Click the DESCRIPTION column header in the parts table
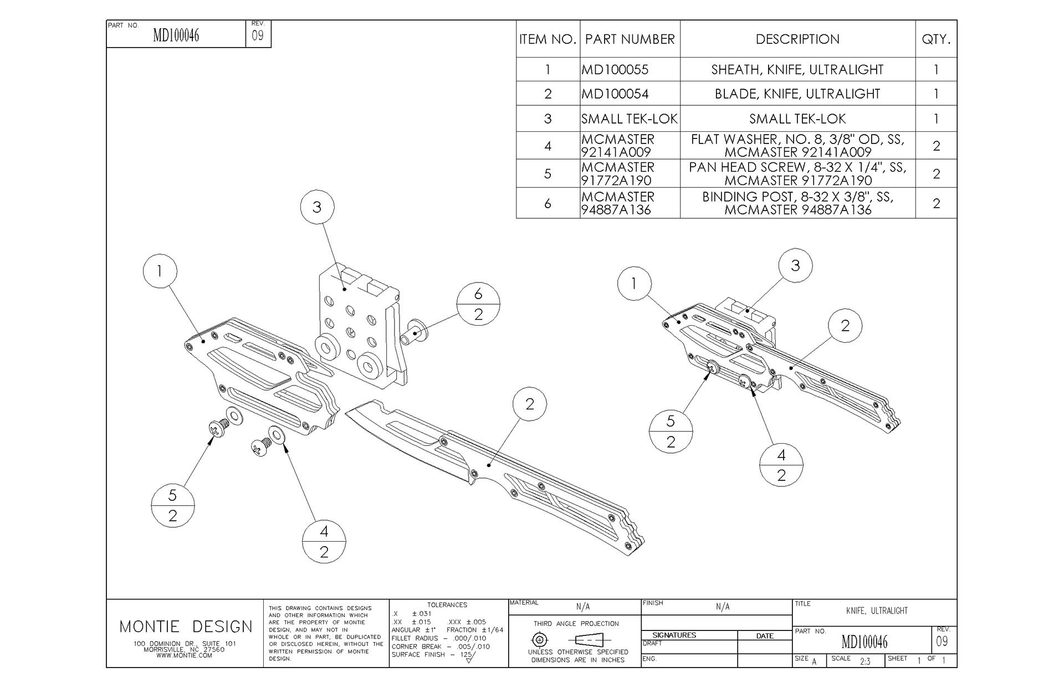(x=797, y=39)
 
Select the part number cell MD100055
(x=615, y=70)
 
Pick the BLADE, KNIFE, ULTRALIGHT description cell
(x=797, y=94)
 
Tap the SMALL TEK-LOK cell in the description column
(x=797, y=119)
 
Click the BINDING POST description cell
(x=797, y=203)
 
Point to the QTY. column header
(x=936, y=39)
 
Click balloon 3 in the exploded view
(x=317, y=207)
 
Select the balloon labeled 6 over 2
(x=478, y=304)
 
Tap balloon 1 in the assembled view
(x=634, y=284)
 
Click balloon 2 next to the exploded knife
(x=530, y=404)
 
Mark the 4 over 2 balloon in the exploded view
(x=324, y=541)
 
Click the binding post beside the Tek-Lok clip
(x=414, y=331)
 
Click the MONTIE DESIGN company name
(x=186, y=627)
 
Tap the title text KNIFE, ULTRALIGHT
(x=877, y=610)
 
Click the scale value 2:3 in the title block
(x=864, y=661)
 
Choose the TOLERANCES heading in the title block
(x=447, y=605)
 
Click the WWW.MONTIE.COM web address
(x=185, y=655)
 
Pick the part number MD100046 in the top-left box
(x=176, y=36)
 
